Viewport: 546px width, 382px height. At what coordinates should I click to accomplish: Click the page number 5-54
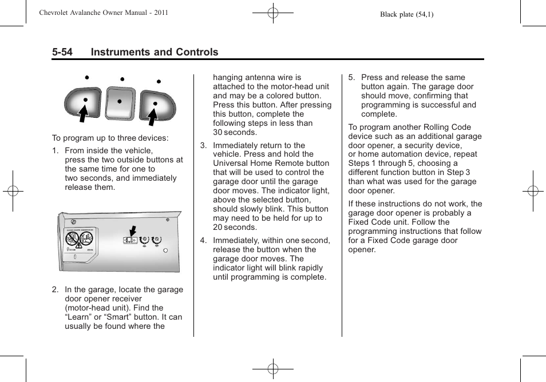coord(62,52)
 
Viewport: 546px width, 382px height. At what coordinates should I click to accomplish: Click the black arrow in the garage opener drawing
coord(133,231)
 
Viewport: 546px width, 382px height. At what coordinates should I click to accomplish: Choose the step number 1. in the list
coord(56,151)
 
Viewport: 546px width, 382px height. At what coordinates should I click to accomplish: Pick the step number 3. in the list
coord(203,145)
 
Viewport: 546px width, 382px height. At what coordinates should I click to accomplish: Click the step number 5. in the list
coord(351,78)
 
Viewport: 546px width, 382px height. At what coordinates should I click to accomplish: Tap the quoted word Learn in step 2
coord(80,317)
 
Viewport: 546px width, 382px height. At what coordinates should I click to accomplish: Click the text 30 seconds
coord(235,132)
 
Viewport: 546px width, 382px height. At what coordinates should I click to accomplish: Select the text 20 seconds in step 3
coord(235,227)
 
